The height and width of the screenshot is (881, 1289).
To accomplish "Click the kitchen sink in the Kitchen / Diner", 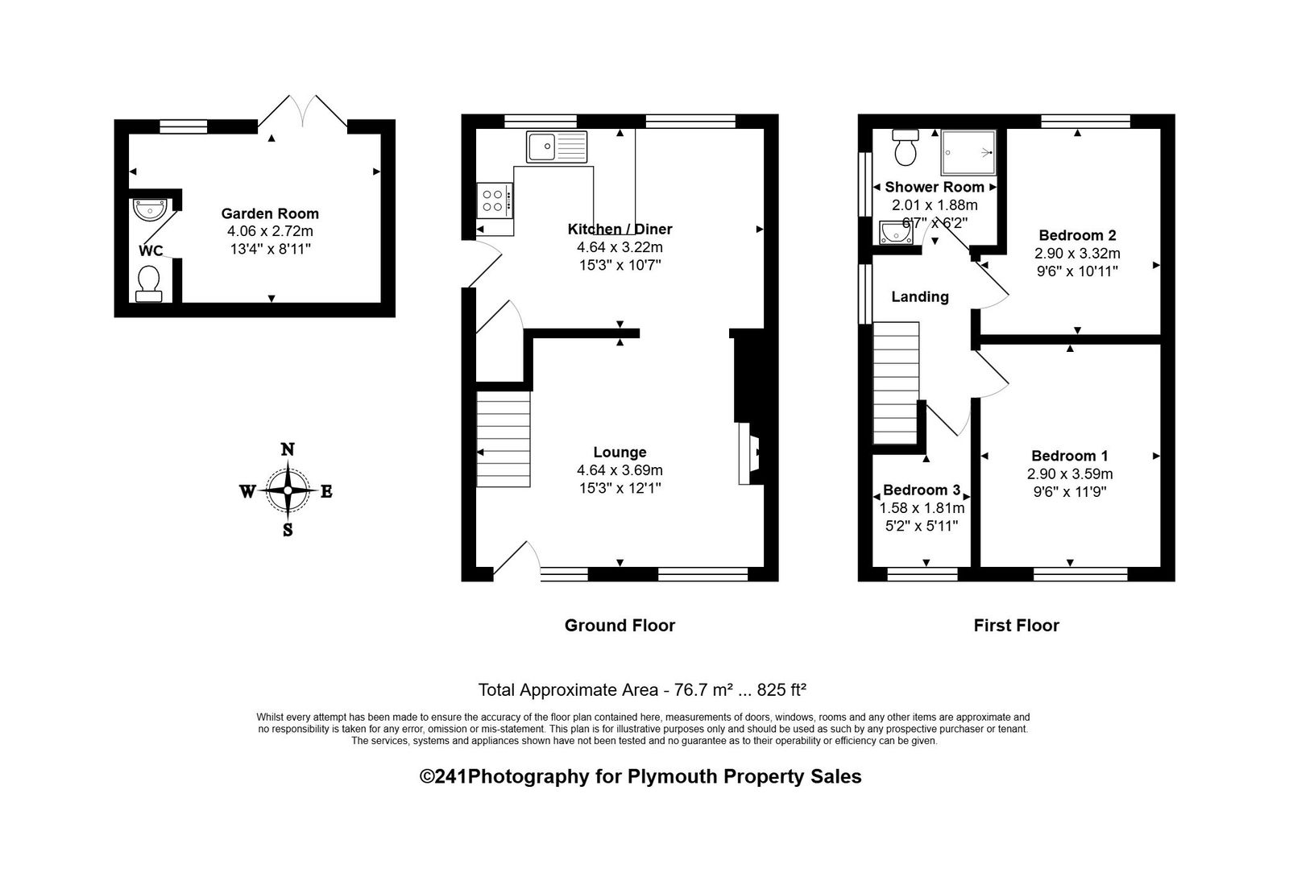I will point(557,147).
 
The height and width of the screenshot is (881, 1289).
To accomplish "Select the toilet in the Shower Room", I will point(906,146).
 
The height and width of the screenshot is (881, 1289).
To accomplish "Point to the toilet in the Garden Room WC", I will point(149,284).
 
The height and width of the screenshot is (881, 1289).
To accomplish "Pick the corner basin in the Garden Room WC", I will point(150,209).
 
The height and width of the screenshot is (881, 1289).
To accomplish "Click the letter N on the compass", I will point(287,450).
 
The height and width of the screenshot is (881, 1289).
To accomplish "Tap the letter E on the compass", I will point(326,492).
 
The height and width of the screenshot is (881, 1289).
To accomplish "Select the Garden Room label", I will point(270,213).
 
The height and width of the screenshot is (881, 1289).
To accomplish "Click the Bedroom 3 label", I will point(922,490).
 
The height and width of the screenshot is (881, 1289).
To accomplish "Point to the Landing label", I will point(919,296).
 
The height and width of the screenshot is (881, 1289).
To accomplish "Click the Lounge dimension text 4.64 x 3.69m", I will point(620,470).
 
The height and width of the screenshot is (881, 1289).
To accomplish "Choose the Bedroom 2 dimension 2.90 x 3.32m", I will point(1077,253).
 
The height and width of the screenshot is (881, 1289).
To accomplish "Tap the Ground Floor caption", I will point(620,625).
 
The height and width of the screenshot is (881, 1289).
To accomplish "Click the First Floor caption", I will point(1016,625).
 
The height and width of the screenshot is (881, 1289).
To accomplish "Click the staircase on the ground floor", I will point(504,439).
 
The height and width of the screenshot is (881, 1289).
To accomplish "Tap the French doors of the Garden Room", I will point(302,113).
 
